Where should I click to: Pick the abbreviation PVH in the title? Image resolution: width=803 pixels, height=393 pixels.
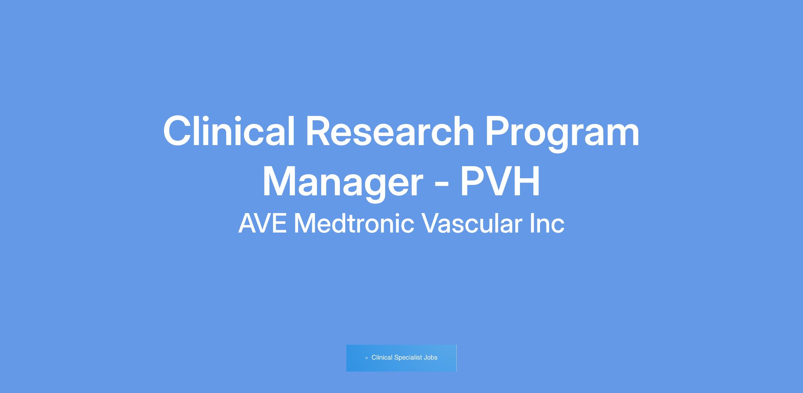pos(500,181)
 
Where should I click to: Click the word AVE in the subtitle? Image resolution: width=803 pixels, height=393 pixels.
pos(263,223)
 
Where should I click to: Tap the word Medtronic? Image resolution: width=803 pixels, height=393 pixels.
pos(354,223)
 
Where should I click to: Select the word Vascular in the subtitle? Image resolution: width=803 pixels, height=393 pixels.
pos(472,223)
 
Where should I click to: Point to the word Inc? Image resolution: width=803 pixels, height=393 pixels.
pos(547,223)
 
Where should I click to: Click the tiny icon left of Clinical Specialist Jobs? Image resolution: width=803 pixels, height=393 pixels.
pos(367,358)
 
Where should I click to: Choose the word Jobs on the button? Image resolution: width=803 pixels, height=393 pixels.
pos(431,357)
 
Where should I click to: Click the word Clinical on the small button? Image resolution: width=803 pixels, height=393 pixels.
pos(382,357)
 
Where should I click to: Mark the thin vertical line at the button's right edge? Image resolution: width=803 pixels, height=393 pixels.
pos(456,358)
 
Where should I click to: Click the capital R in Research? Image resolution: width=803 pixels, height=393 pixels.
pos(320,131)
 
